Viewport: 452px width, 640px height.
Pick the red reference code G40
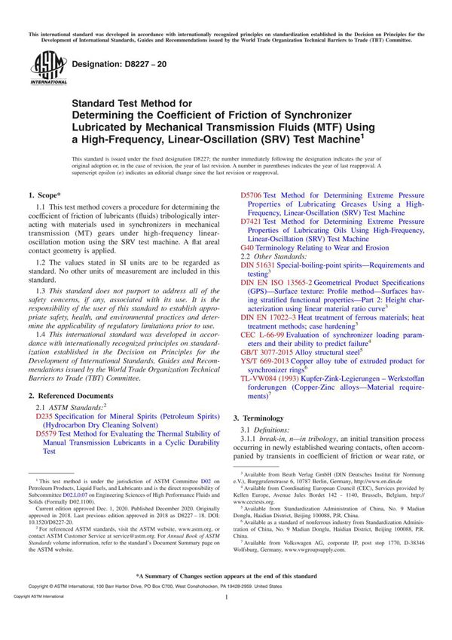pos(246,248)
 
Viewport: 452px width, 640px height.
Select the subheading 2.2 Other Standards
pos(274,257)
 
